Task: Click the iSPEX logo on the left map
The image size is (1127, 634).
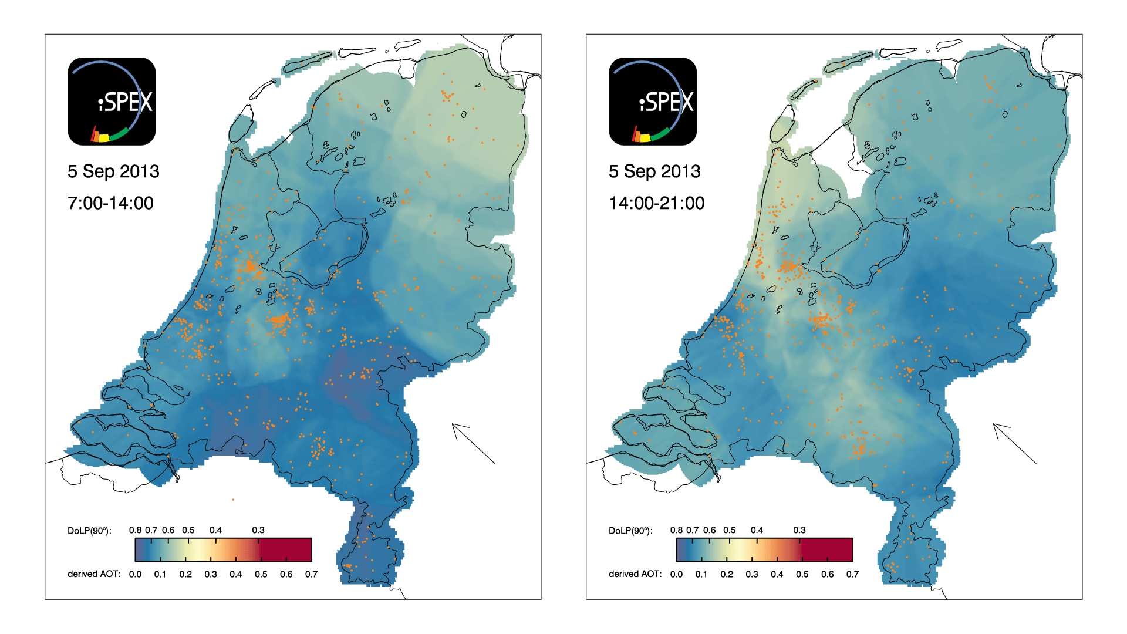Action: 112,101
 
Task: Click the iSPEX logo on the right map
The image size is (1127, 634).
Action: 653,101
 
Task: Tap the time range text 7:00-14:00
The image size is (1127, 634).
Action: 110,203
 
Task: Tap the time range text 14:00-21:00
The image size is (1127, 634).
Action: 656,203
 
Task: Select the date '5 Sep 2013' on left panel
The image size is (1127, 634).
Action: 113,171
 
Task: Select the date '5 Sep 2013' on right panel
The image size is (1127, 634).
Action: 654,171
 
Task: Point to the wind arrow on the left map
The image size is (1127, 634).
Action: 473,443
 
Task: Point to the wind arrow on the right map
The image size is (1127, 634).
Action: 1014,443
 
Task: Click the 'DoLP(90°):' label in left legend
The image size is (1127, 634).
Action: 89,531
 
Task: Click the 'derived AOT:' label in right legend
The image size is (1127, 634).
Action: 635,574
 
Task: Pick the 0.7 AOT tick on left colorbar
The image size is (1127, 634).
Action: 311,574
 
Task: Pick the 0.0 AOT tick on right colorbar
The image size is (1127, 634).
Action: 676,574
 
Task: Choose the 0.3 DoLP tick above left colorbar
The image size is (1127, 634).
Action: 258,530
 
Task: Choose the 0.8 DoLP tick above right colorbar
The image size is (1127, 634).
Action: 676,530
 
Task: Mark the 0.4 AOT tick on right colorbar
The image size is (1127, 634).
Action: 777,574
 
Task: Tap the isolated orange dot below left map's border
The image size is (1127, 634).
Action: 233,500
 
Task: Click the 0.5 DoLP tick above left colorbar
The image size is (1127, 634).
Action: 188,530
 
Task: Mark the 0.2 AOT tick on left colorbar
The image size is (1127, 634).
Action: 185,574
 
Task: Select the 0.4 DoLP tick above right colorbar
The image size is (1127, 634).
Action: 757,530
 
